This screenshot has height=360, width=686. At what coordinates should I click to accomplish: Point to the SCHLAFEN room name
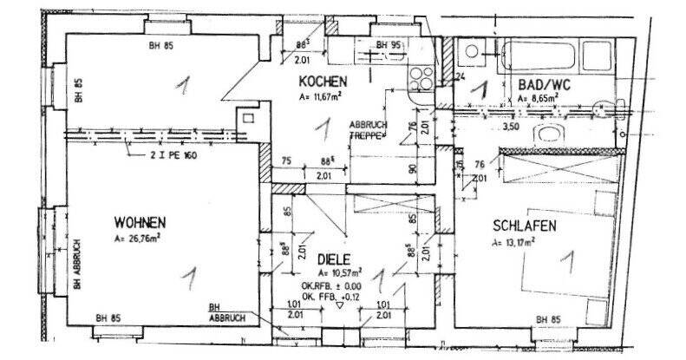tap(523, 226)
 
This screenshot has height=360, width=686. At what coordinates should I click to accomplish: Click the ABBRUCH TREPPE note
tap(369, 130)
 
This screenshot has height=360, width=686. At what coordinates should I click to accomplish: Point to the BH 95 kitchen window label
tap(388, 43)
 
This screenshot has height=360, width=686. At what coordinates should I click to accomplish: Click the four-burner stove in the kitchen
tap(422, 76)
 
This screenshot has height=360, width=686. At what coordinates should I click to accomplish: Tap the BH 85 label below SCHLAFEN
tap(548, 323)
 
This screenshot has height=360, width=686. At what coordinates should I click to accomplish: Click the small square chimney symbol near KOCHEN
tap(249, 116)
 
